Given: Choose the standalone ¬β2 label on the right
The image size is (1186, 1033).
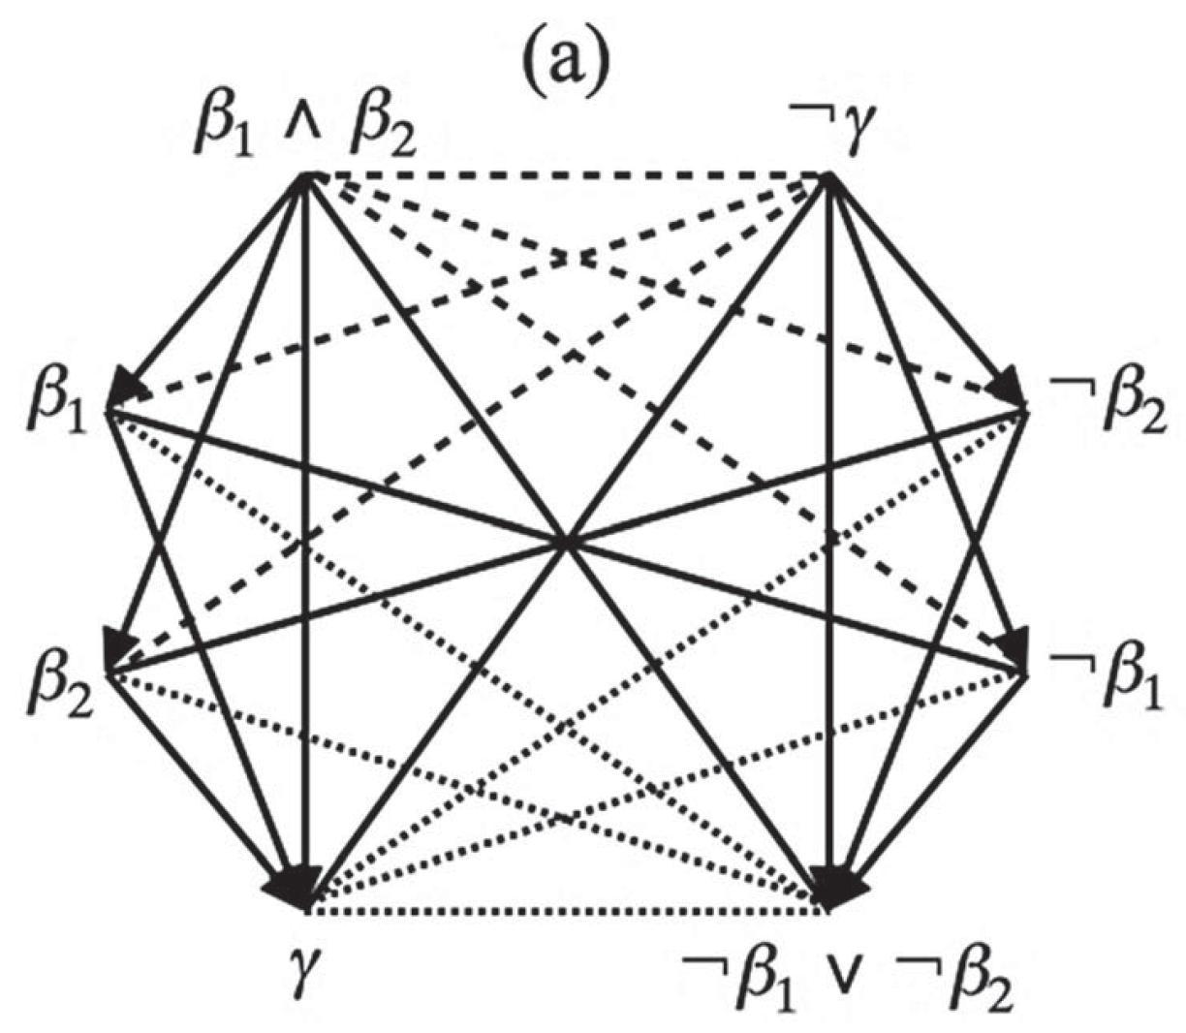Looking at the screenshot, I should click(1108, 404).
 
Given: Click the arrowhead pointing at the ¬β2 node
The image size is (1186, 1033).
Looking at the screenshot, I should click(1010, 389).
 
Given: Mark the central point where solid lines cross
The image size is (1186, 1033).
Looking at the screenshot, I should click(568, 544).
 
